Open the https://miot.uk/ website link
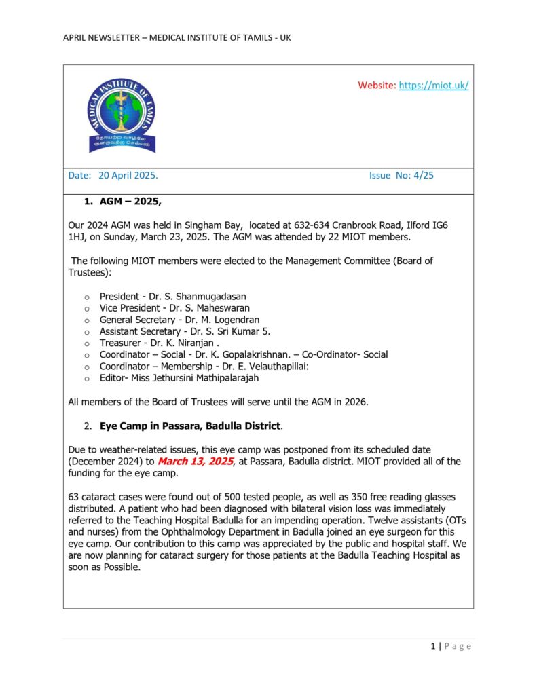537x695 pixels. point(433,85)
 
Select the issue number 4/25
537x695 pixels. point(422,175)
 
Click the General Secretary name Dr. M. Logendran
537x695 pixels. point(221,320)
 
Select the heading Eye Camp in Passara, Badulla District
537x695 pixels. point(189,426)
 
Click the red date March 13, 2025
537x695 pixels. point(196,462)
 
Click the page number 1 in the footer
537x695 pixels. point(433,646)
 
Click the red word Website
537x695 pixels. point(376,85)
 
